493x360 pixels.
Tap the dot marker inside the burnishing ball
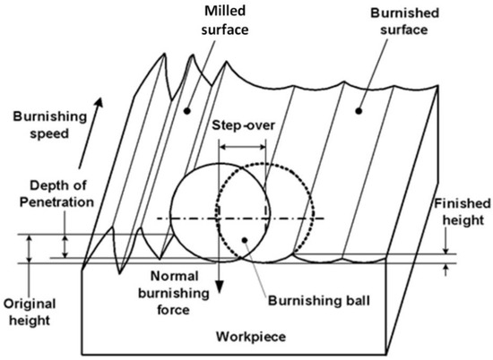(245, 239)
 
